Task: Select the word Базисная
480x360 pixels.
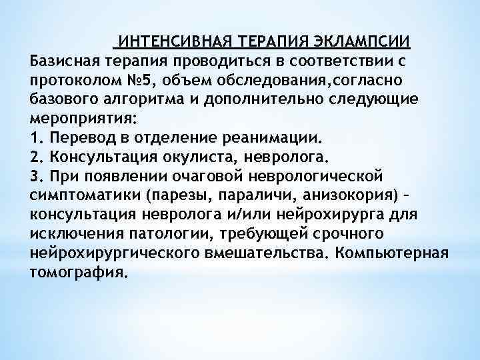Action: tap(65, 62)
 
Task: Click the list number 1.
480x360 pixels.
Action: tap(35, 139)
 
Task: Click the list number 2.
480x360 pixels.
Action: tap(35, 158)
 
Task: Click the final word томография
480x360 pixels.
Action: tap(77, 274)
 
